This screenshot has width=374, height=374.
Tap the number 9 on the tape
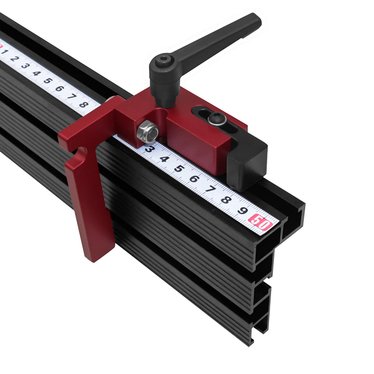(x=243, y=211)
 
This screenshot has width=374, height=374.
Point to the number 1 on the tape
(x=5, y=51)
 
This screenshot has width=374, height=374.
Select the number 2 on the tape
(x=15, y=58)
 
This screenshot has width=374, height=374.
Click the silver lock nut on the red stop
(x=148, y=132)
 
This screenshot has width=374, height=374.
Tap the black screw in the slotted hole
(x=217, y=118)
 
